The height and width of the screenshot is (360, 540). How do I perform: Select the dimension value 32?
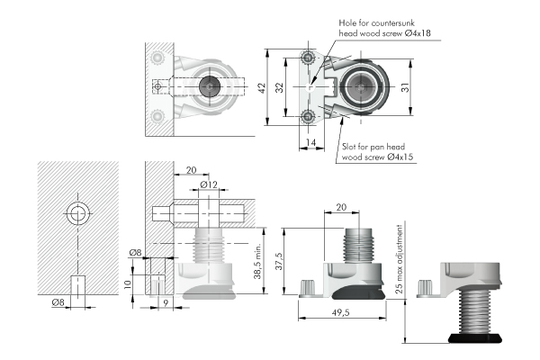[x=281, y=88]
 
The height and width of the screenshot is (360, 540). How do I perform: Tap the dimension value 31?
[x=407, y=87]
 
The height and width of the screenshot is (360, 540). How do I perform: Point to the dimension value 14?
[x=309, y=143]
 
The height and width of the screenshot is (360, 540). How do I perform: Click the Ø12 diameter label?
[x=208, y=184]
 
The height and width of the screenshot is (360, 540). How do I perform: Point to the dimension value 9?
[x=166, y=302]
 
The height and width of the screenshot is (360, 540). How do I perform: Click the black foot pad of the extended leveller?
[x=478, y=339]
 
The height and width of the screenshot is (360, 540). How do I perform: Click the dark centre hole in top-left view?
[x=211, y=87]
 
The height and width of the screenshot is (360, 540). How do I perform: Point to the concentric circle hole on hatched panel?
[x=78, y=214]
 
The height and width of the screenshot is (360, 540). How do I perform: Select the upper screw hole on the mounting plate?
[x=309, y=58]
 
